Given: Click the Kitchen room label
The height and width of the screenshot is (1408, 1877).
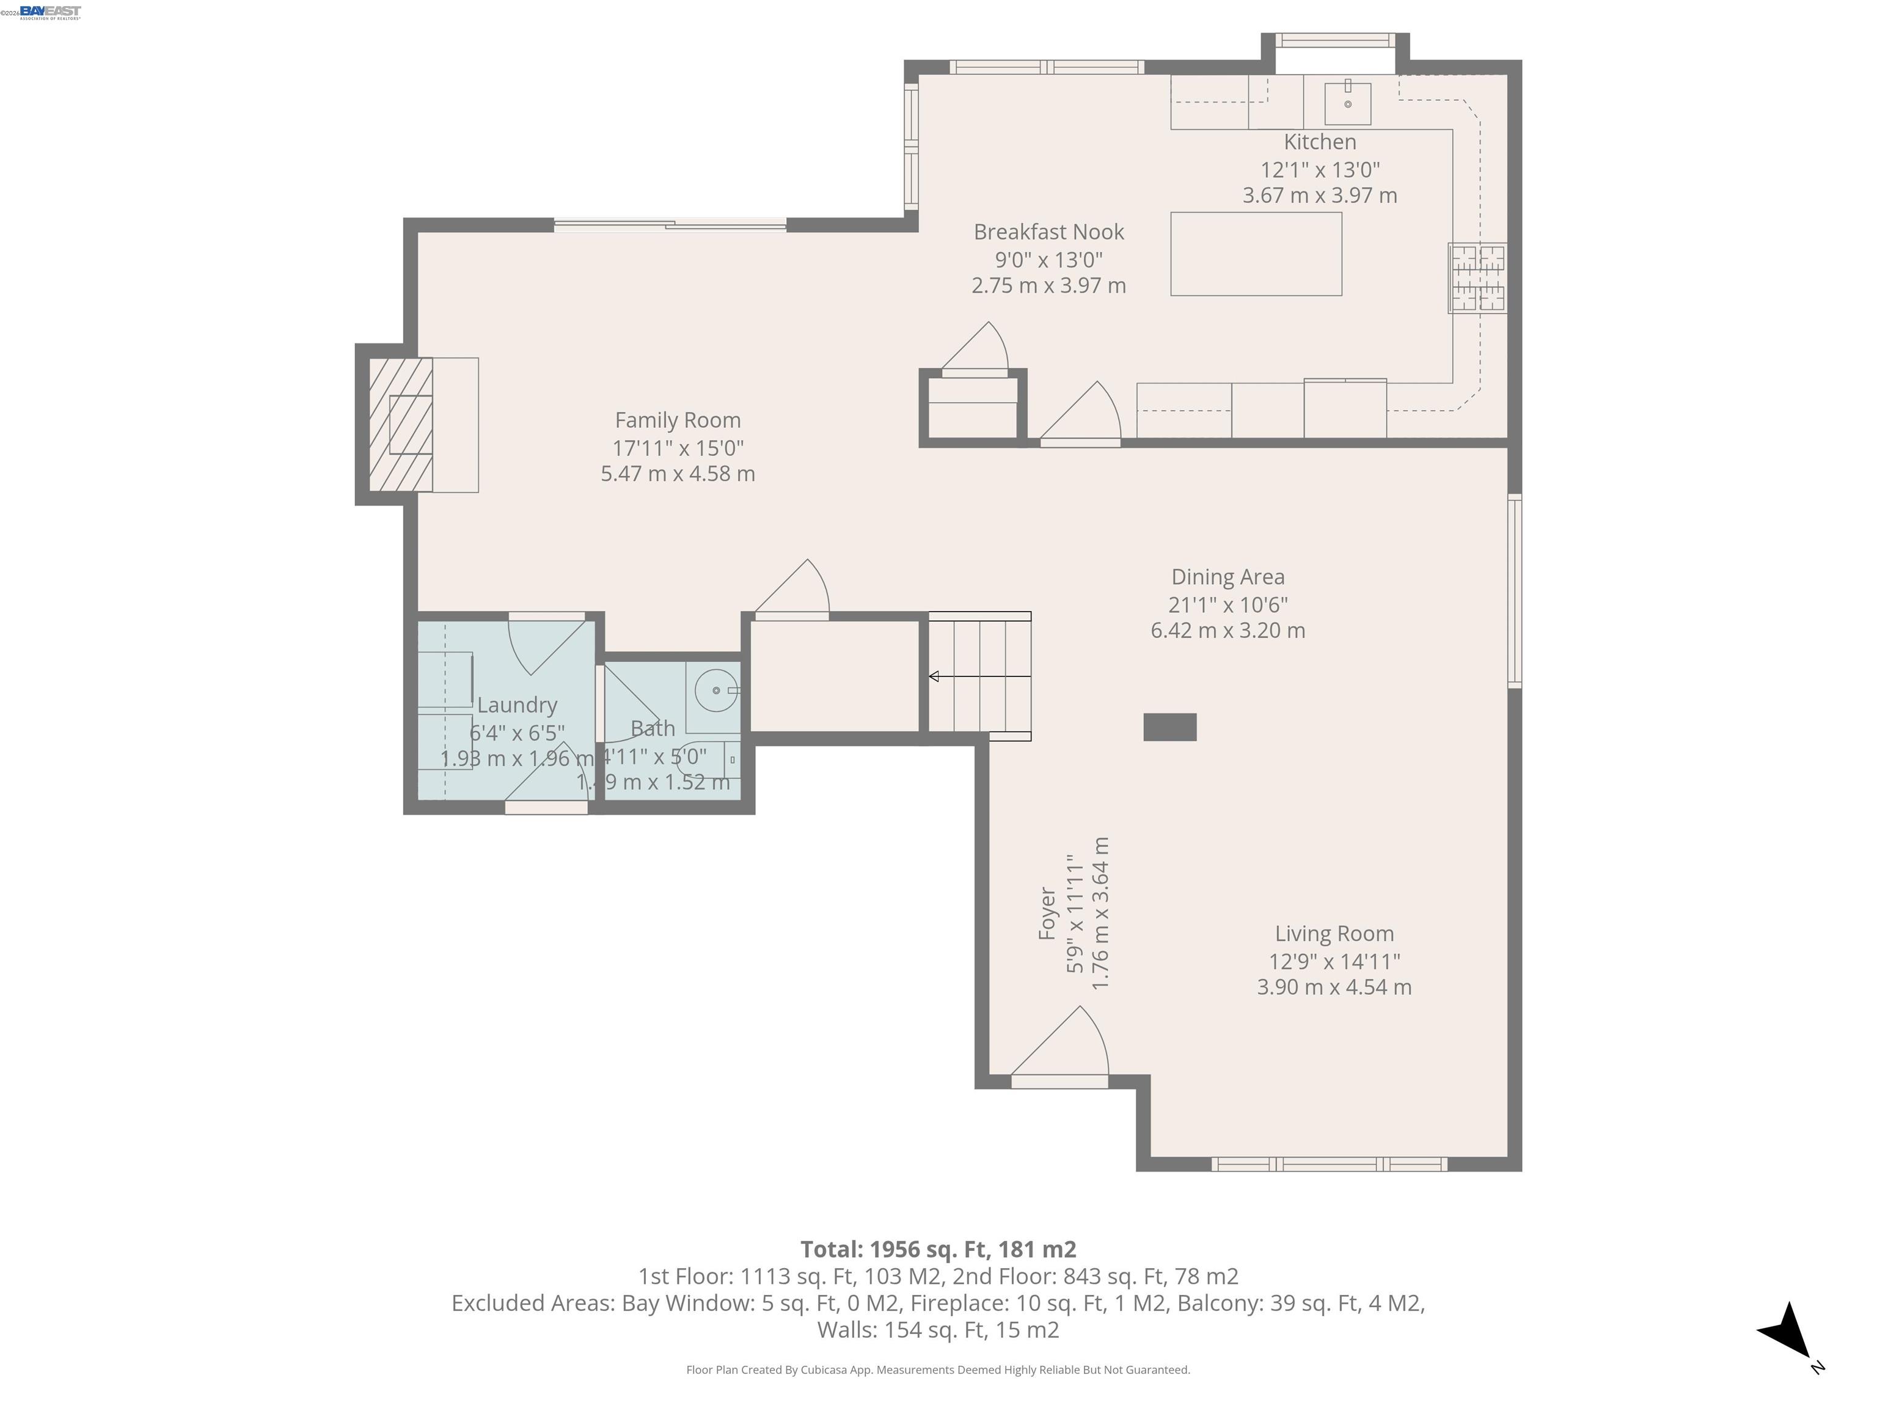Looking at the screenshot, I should tap(1320, 142).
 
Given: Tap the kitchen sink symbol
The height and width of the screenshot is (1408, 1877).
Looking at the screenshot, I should tap(1347, 103).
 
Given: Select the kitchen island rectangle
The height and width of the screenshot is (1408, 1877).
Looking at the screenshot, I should tap(1256, 254).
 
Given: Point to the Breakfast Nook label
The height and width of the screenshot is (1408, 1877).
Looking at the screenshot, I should tap(1049, 232).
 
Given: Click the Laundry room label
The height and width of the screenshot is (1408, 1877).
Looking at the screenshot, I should tap(517, 705).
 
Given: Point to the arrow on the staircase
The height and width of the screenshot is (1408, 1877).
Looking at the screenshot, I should tap(935, 676).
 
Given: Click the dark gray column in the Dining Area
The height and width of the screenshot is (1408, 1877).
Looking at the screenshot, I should tap(1169, 727).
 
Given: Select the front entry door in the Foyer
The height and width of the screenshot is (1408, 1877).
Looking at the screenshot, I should tap(1059, 1081).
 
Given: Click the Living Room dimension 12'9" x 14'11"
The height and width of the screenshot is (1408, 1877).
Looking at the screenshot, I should tap(1334, 961).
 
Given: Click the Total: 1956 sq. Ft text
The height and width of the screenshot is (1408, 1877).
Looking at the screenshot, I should tap(938, 1249).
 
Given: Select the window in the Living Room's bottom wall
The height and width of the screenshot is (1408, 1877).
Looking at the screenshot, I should tap(1329, 1164).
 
